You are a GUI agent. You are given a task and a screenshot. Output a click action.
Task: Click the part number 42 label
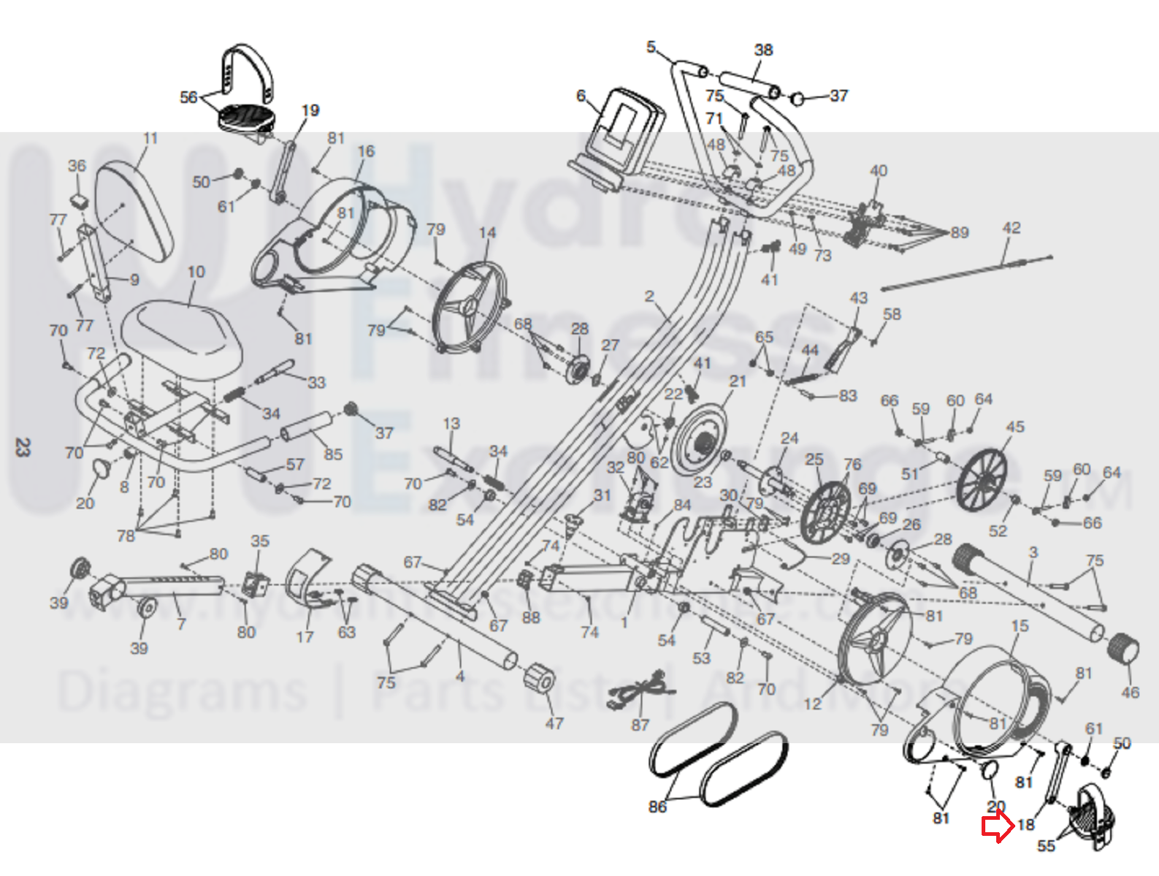point(1011,228)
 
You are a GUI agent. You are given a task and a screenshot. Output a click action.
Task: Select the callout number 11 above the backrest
point(150,138)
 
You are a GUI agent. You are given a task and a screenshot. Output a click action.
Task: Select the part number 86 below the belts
point(657,806)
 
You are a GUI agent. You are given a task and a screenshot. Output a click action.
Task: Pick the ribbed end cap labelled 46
point(1123,648)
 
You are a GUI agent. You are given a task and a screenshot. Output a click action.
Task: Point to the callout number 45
point(1015,426)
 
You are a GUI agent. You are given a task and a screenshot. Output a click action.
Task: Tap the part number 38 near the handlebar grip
point(763,50)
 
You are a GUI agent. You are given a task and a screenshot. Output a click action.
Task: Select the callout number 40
point(879,170)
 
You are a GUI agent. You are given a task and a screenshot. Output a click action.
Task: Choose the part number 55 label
point(1046,845)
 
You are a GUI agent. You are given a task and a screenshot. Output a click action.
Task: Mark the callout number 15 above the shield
point(1020,625)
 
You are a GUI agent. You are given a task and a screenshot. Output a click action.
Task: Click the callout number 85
point(333,454)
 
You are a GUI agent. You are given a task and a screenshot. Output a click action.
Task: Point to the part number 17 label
point(305,636)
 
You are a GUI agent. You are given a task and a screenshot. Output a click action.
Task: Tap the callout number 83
point(848,395)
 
